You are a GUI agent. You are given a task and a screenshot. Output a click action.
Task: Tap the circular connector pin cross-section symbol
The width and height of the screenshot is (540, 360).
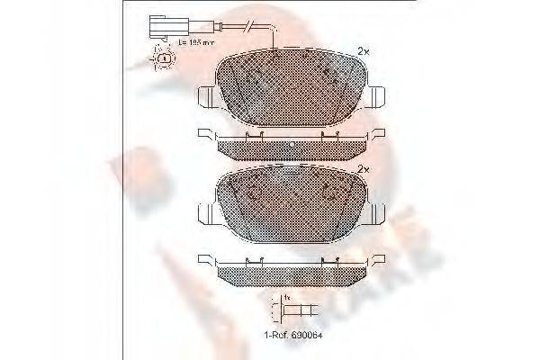coord(164,59)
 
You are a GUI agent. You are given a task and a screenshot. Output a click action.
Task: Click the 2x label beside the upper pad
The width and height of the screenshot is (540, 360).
coord(364,50)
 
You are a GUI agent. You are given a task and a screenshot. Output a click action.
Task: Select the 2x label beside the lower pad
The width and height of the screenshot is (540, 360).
coord(364,169)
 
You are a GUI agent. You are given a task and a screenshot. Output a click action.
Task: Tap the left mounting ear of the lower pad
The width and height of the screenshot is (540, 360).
coord(204,214)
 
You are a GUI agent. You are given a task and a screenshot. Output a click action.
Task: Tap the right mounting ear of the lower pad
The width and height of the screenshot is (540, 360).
coord(379,214)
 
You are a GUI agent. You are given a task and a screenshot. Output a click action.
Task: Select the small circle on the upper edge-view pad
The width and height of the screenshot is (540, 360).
coord(292,144)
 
